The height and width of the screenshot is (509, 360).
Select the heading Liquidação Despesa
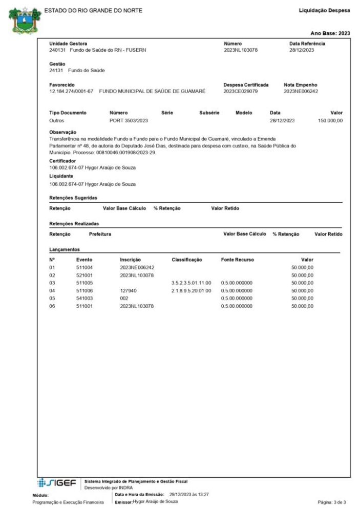[x=324, y=11]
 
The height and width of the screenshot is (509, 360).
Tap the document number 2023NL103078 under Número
[x=241, y=50]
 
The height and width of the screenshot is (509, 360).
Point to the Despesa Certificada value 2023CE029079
[x=241, y=91]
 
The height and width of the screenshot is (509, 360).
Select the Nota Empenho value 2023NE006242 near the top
[x=301, y=91]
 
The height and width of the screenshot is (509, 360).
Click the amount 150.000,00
[x=330, y=121]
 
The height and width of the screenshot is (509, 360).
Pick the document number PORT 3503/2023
[x=129, y=121]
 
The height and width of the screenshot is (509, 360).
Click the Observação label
[x=62, y=132]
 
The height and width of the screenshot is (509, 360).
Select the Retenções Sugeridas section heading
[x=73, y=198]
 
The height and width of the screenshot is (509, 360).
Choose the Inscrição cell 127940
[x=128, y=290]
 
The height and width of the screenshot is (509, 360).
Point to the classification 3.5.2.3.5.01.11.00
[x=191, y=283]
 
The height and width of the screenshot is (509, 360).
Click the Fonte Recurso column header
[x=237, y=260]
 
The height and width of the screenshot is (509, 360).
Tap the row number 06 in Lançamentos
[x=52, y=306]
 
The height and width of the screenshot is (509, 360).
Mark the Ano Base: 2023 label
[x=330, y=33]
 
